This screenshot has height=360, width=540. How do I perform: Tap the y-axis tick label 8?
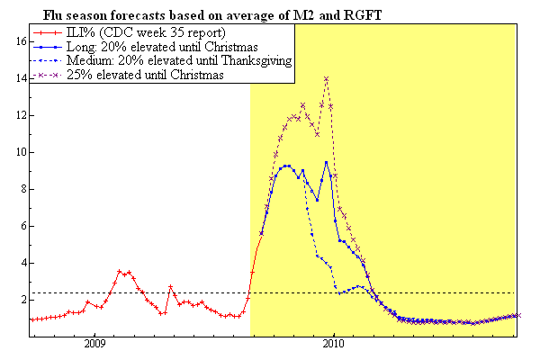click(21, 189)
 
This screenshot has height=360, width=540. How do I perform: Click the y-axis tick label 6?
click(21, 226)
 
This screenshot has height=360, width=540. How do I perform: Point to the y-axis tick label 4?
click(21, 263)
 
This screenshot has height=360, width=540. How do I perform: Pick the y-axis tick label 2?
click(21, 300)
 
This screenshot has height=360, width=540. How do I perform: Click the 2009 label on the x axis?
click(95, 343)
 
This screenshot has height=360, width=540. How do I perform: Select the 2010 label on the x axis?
click(334, 343)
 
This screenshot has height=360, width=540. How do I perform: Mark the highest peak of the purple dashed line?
click(326, 78)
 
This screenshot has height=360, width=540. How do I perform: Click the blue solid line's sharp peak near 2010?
click(326, 162)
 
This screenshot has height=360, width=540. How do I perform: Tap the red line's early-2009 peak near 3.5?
click(120, 271)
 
